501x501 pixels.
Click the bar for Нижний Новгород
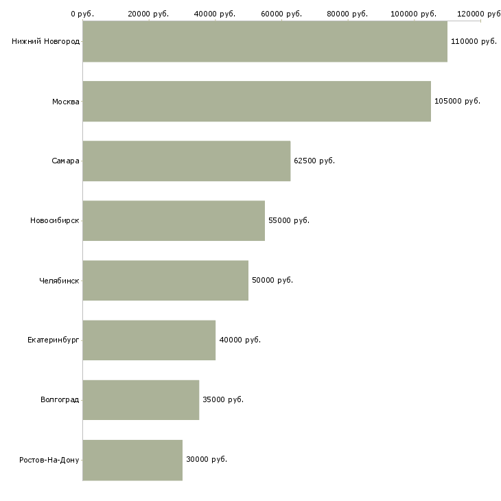tap(265, 41)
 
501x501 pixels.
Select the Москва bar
tap(257, 102)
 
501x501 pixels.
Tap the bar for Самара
tap(187, 161)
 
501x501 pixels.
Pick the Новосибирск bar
tap(174, 221)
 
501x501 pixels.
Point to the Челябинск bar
tap(165, 281)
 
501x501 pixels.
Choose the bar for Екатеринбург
tap(149, 340)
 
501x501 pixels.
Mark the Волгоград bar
tap(141, 400)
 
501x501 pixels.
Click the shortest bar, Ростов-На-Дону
tap(132, 460)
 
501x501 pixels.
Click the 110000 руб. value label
tap(474, 42)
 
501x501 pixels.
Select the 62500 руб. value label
tap(314, 161)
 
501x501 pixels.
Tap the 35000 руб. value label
tap(223, 399)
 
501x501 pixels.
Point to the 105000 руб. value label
tap(457, 102)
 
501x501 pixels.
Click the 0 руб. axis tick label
tap(82, 14)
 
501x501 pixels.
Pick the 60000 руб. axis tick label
tap(281, 14)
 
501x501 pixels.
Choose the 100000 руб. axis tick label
tap(413, 14)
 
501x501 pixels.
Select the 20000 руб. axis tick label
tap(148, 14)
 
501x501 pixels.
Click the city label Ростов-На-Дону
tap(49, 460)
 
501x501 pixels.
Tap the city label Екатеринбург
tap(53, 340)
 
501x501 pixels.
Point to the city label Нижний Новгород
tap(46, 42)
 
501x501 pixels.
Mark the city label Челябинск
tap(59, 281)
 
